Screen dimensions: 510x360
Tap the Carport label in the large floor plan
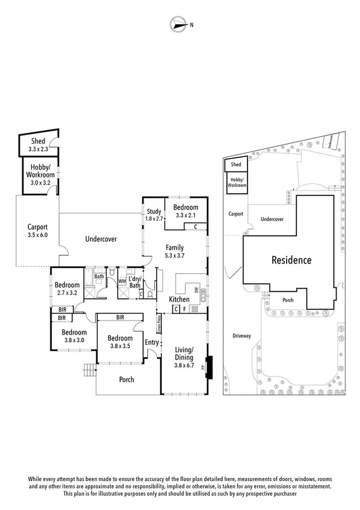click(x=37, y=227)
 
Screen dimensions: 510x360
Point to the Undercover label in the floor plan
click(x=100, y=239)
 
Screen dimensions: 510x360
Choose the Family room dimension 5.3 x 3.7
click(x=175, y=256)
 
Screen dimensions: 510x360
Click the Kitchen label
click(x=179, y=300)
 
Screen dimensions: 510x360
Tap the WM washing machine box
click(x=122, y=281)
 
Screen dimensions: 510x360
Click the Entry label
click(x=152, y=342)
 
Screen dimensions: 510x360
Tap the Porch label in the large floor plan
click(x=126, y=379)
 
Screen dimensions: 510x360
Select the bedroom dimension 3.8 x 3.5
click(x=120, y=346)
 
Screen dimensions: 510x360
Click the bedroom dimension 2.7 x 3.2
click(x=67, y=293)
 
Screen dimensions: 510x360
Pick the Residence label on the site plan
click(x=291, y=260)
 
